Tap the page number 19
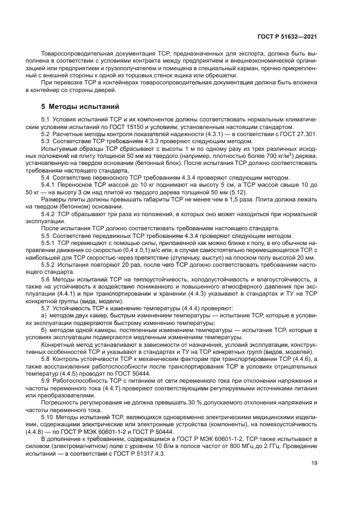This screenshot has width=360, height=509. point(314,463)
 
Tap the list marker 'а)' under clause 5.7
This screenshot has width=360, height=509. point(45,315)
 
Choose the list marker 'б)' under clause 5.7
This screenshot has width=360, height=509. point(45,330)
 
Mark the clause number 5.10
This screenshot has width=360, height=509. point(48,416)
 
